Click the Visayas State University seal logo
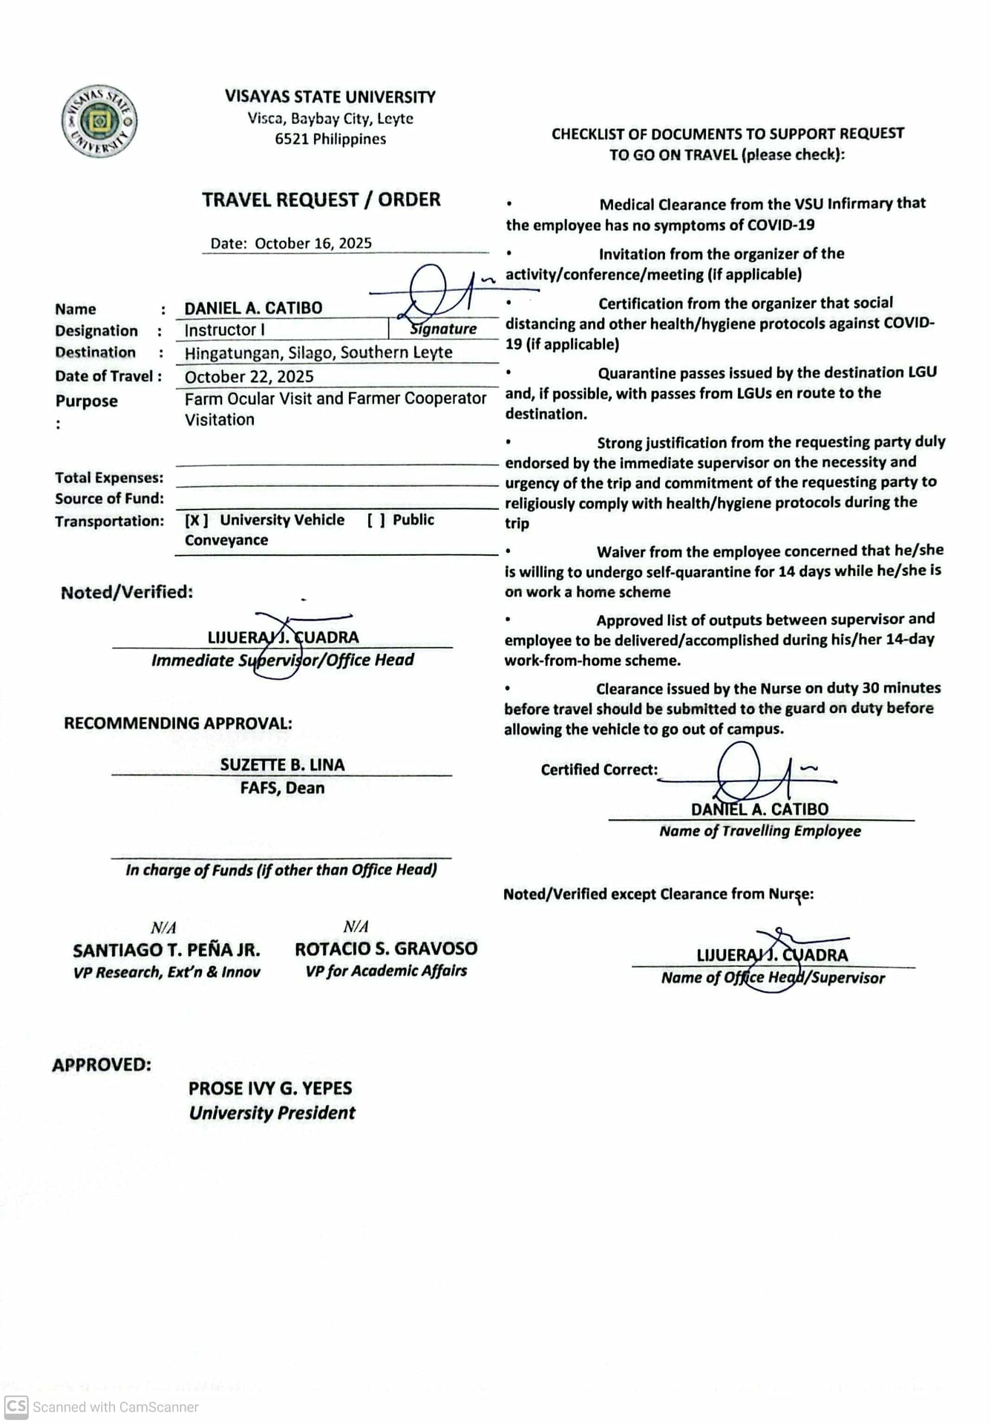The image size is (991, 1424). tap(99, 121)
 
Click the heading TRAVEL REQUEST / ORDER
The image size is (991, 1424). tap(321, 200)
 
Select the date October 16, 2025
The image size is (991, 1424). tap(313, 243)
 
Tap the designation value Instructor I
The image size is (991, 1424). tap(224, 330)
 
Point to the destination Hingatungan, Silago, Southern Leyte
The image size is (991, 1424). tap(318, 352)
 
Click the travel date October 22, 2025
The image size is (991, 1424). tap(249, 376)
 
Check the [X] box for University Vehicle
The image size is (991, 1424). tap(196, 520)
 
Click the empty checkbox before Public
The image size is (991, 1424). tap(376, 520)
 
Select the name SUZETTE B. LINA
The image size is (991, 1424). tap(282, 765)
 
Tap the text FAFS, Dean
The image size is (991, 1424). tap(282, 788)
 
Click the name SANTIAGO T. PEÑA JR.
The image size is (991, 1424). tap(166, 950)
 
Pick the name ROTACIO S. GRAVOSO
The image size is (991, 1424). tap(386, 948)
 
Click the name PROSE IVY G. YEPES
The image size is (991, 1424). tap(270, 1089)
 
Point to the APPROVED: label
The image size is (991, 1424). tap(102, 1065)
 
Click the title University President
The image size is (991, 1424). tap(272, 1113)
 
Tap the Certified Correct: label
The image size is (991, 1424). tap(599, 770)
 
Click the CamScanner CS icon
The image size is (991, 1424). tap(16, 1406)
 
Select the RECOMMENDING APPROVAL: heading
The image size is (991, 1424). tap(178, 724)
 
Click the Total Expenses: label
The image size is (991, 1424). tap(109, 478)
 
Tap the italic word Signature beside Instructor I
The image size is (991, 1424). tap(444, 329)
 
